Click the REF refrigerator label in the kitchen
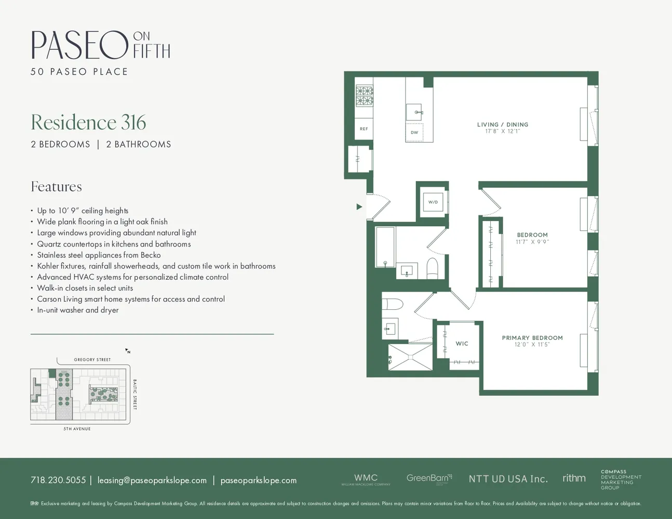coord(364,129)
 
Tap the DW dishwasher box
coord(414,132)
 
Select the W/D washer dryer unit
coord(433,202)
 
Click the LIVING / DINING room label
coord(502,125)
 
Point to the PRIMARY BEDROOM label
coord(532,338)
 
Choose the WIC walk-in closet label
coord(462,344)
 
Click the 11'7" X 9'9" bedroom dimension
coord(532,242)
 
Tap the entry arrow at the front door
coord(359,207)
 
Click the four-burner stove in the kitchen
coord(364,95)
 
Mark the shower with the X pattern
coord(410,357)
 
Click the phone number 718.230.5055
coord(58,480)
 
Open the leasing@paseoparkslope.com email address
coord(152,480)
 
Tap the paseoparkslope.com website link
coord(258,480)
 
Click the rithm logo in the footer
coord(574,478)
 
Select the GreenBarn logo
coord(429,478)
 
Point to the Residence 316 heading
coord(88,122)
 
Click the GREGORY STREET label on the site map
coord(92,360)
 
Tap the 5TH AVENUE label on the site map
coord(77,429)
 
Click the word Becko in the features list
coord(151,255)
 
